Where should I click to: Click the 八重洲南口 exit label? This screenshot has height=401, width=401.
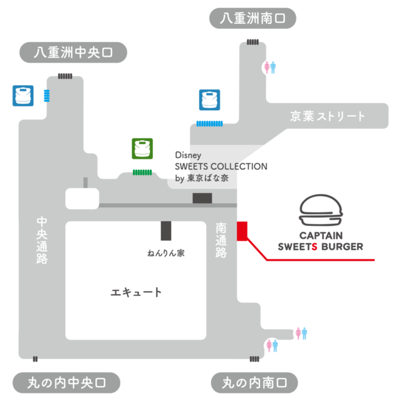[x=252, y=19]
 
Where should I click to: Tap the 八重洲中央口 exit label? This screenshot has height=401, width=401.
[x=73, y=53]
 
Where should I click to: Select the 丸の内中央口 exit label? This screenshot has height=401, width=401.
[x=66, y=381]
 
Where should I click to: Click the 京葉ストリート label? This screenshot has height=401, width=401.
[x=327, y=117]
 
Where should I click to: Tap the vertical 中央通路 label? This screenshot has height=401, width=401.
[x=42, y=240]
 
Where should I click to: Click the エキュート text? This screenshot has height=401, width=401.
[x=136, y=292]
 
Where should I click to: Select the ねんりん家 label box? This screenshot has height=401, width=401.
[x=165, y=253]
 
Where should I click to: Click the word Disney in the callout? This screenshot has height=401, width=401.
[x=187, y=155]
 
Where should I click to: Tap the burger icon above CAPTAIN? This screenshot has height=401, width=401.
[x=321, y=211]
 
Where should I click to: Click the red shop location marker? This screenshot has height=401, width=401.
[x=242, y=231]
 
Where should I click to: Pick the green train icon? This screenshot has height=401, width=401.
[x=142, y=149]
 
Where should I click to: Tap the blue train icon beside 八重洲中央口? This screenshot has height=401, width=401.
[x=23, y=95]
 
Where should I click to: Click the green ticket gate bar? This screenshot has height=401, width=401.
[x=142, y=171]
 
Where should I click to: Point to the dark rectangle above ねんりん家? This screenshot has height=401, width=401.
[x=165, y=231]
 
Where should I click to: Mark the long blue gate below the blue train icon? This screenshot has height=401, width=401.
[x=210, y=123]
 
